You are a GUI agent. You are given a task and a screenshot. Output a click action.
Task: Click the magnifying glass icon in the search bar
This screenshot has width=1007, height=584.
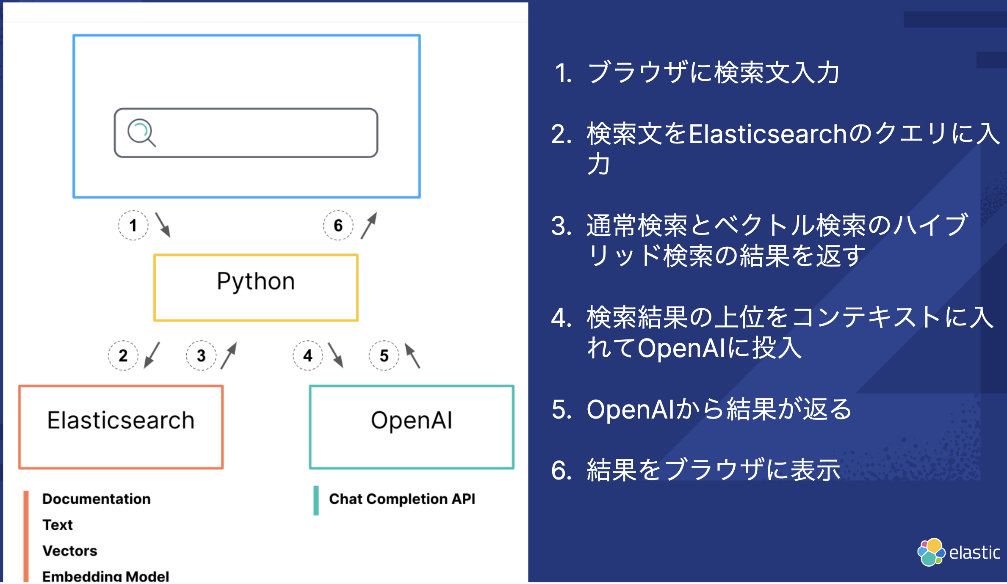click(141, 132)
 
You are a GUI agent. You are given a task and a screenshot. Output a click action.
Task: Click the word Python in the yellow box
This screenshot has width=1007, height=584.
click(256, 282)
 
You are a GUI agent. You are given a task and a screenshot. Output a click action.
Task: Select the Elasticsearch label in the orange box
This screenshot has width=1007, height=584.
click(121, 420)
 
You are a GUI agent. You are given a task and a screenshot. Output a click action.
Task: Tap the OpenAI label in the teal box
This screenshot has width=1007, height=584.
click(412, 420)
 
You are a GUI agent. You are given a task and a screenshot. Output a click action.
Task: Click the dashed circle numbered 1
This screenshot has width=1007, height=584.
click(133, 225)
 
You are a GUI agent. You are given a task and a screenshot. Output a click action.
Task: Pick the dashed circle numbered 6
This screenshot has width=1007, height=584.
click(338, 225)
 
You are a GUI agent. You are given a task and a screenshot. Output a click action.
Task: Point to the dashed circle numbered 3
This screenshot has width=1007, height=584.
click(201, 355)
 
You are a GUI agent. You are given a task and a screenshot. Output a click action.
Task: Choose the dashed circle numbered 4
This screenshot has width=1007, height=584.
click(308, 355)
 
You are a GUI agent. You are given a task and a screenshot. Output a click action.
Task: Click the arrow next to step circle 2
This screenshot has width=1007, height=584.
click(152, 355)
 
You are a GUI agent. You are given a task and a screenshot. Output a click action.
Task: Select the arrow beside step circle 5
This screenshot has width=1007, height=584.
click(412, 355)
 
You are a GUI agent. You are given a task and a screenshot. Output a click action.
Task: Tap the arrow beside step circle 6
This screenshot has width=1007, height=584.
click(369, 226)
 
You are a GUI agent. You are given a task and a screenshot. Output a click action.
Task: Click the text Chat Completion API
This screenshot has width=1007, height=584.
click(402, 499)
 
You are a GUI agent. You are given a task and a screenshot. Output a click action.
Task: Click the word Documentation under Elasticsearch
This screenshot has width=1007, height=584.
click(96, 499)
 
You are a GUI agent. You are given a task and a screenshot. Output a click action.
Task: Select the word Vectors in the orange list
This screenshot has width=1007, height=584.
click(70, 551)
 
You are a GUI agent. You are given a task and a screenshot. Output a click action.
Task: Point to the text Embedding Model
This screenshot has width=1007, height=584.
click(105, 576)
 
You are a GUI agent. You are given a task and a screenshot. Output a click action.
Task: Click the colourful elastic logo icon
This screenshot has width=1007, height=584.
click(930, 552)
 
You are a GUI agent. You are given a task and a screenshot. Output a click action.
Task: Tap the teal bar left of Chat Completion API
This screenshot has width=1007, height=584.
click(316, 501)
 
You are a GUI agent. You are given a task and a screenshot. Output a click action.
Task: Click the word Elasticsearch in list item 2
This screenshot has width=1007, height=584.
click(767, 134)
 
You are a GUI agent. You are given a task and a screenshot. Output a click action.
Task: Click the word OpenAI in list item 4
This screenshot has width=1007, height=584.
click(681, 348)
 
